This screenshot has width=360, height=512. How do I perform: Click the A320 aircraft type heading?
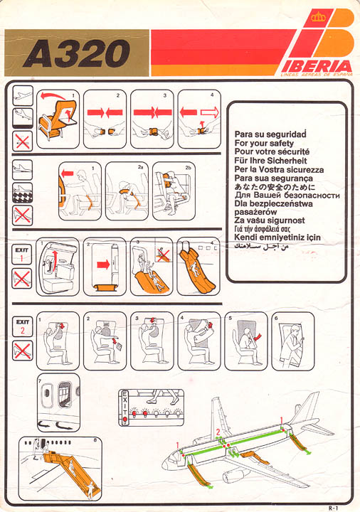click(x=77, y=53)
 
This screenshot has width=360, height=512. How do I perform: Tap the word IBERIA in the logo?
click(x=317, y=66)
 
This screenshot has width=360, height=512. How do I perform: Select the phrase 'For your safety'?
click(x=264, y=143)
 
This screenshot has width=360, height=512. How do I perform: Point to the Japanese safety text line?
click(x=275, y=187)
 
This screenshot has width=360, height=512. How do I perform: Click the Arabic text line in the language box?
click(x=261, y=246)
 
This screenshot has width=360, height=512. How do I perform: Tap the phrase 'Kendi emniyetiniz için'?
click(x=277, y=238)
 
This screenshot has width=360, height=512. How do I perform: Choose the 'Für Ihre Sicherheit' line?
click(x=270, y=161)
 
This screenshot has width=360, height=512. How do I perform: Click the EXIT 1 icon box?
click(x=21, y=254)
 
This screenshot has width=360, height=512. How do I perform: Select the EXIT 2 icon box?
click(x=22, y=326)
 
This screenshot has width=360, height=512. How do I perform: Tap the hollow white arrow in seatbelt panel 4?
click(x=209, y=112)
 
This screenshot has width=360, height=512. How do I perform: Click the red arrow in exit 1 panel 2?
click(x=103, y=264)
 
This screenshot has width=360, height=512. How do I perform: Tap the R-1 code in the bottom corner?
click(x=333, y=508)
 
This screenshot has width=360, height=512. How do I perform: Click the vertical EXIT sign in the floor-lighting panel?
click(x=125, y=407)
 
